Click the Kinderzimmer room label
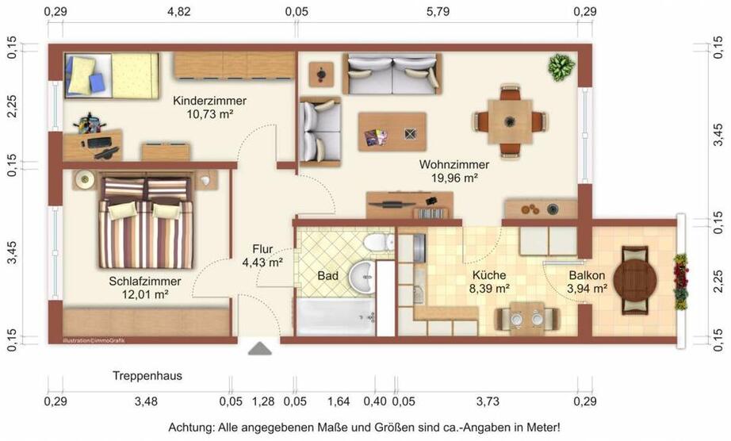209,101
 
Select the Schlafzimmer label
145,281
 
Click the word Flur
263,248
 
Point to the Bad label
327,277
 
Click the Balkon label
587,276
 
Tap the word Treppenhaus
147,376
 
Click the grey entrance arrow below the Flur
259,347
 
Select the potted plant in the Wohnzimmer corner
561,67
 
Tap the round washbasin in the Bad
364,276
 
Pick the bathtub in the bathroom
335,316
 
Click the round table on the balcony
635,278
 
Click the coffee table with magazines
392,132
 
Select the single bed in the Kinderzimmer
111,75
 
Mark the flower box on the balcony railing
680,281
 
